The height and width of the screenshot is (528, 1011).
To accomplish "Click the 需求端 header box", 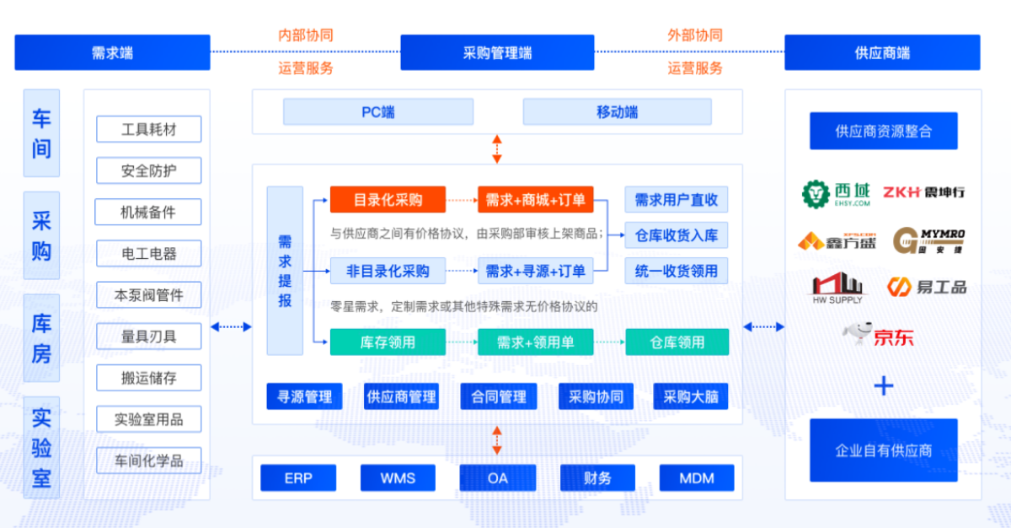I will pos(112,52).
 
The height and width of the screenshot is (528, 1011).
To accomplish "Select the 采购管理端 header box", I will pos(497,52).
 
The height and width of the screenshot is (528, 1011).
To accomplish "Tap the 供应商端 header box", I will pos(881,52).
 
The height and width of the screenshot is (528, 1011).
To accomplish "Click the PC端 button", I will pos(377,112).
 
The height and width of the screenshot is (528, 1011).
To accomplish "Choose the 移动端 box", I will pos(617,112).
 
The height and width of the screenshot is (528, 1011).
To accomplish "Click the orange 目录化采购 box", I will pos(387,200).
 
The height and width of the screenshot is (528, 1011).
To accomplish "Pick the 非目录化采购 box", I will pos(387,271).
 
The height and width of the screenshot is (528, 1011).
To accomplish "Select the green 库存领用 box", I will pos(387,342).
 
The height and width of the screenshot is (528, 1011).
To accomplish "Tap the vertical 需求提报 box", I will pos(285,271).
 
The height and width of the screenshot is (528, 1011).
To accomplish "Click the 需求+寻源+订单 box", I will pos(535,271).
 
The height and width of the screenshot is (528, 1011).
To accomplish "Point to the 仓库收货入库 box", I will pos(676,235).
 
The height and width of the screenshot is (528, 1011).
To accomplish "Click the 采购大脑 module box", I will pos(690,396).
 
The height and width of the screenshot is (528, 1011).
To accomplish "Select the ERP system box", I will pos(298,478).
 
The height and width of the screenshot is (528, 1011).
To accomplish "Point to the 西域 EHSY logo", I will pos(836,194).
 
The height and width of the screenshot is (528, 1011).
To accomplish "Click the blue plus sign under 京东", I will pos(883,386).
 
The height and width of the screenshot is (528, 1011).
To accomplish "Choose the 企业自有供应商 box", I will pos(883,450).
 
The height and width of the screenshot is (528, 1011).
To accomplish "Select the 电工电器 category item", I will pos(148,253).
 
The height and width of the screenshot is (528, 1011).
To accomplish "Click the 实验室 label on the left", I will pos(41,448).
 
